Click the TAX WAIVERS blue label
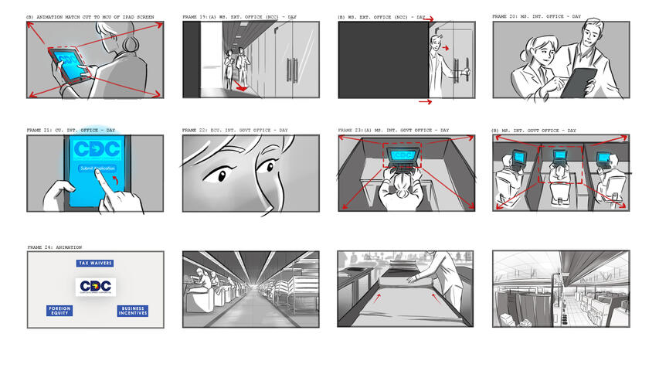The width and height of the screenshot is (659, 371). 95,264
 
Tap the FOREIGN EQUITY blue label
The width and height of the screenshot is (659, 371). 60,311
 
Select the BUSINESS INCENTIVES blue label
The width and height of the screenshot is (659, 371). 132,311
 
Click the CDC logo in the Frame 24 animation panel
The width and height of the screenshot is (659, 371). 96,287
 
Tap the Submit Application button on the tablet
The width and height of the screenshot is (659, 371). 96,168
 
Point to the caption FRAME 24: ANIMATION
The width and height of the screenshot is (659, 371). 55,247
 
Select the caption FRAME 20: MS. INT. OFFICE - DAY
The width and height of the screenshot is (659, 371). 536,16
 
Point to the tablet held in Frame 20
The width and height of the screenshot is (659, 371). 579,82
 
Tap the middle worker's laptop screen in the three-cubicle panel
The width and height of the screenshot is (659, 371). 560,157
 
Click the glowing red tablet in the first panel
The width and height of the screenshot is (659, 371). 68,64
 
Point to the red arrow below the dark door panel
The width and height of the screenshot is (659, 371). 425,101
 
